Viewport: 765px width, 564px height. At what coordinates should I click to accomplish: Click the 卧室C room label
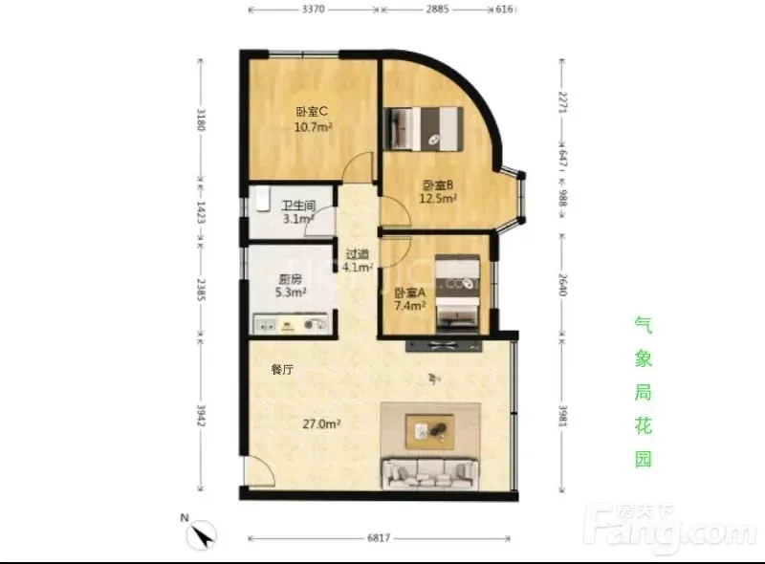[x=312, y=112]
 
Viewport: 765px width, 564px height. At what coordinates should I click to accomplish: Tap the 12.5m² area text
[x=438, y=199]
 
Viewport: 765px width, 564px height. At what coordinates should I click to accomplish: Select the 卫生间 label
[x=298, y=206]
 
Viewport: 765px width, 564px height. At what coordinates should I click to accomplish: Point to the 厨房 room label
[x=291, y=279]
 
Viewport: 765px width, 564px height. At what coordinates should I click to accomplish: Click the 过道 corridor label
[x=358, y=254]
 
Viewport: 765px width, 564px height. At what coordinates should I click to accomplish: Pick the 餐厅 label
[x=282, y=369]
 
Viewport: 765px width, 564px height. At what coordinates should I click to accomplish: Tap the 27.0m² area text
[x=321, y=424]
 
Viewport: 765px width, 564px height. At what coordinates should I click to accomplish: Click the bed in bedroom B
[x=423, y=129]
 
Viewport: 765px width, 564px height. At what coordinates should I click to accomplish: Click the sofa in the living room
[x=430, y=473]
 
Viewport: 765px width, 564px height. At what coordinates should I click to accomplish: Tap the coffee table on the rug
[x=429, y=432]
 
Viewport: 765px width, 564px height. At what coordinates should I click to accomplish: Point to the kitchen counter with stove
[x=291, y=324]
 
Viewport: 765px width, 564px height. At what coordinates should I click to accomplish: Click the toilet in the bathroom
[x=262, y=199]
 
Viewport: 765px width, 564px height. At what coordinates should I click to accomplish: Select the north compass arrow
[x=203, y=535]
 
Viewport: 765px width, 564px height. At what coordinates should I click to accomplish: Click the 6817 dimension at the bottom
[x=379, y=537]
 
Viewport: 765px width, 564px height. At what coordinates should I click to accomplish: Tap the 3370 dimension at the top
[x=313, y=10]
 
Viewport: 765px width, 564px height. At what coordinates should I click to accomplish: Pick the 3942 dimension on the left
[x=201, y=415]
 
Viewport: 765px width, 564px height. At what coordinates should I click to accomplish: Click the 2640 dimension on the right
[x=562, y=285]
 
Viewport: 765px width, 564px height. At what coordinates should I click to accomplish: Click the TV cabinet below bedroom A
[x=444, y=346]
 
